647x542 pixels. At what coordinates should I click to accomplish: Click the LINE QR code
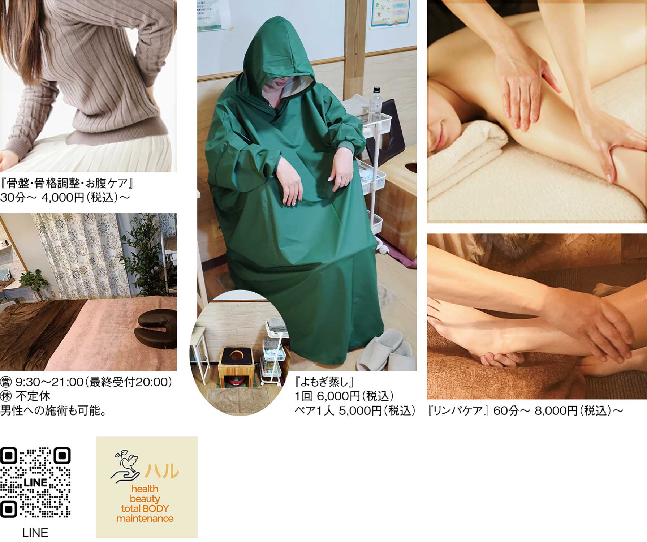(x=35, y=482)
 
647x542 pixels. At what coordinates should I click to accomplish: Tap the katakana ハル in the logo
(x=162, y=470)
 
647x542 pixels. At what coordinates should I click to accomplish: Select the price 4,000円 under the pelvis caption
(x=63, y=198)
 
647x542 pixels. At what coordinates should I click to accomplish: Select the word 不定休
(x=33, y=396)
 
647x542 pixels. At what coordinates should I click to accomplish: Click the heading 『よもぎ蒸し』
(x=324, y=382)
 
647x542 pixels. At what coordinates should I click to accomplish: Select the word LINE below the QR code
(x=35, y=533)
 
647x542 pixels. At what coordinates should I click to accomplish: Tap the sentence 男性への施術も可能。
(x=53, y=411)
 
